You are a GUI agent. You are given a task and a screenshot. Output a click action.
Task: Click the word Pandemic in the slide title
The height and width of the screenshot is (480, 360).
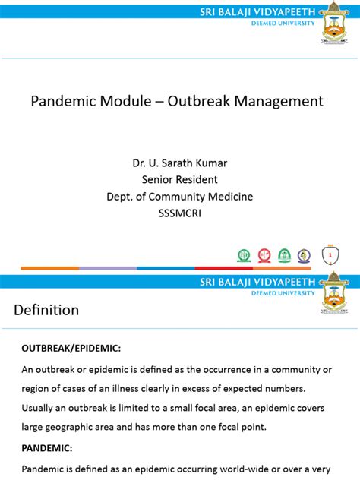(x=62, y=101)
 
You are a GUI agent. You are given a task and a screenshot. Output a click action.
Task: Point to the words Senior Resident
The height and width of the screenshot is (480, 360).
(x=180, y=180)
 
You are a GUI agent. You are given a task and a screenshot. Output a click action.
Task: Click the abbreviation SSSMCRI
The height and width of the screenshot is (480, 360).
(x=180, y=214)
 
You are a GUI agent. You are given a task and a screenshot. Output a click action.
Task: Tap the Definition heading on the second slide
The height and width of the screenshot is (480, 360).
(x=46, y=310)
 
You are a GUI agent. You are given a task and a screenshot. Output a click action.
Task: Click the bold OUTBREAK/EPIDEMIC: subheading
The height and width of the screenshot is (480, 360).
(x=71, y=348)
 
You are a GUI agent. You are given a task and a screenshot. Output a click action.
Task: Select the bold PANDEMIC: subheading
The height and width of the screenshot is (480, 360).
(x=47, y=448)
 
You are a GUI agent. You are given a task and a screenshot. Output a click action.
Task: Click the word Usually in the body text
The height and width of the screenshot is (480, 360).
(x=42, y=408)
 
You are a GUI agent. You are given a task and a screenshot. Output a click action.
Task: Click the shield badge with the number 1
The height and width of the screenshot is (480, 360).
(x=330, y=256)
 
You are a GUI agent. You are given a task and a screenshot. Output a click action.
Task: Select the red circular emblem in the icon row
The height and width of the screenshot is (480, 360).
(x=264, y=256)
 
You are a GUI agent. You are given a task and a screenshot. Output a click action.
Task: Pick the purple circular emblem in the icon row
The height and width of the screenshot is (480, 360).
(x=304, y=256)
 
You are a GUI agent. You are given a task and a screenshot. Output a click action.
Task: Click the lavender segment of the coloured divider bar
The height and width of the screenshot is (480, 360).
(x=108, y=268)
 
